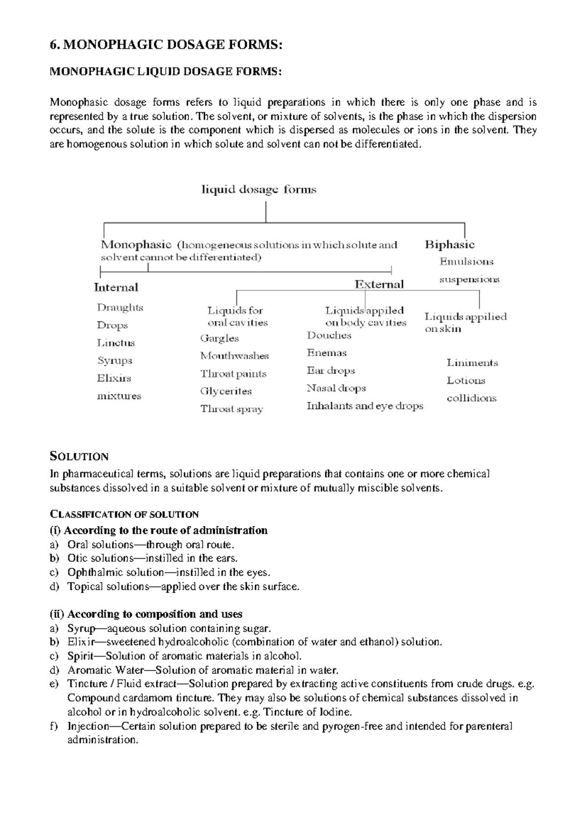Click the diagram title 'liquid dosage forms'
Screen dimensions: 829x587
(259, 190)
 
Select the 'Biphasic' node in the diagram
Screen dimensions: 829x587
(450, 245)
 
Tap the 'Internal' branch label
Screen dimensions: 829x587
(116, 287)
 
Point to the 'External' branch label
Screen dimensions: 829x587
(379, 284)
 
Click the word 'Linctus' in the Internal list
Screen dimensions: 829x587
(116, 343)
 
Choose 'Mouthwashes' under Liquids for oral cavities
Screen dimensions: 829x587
(234, 356)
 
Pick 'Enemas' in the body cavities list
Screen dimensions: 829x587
(327, 353)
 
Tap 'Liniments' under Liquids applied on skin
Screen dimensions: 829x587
(472, 363)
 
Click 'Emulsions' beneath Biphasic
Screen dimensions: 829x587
(466, 262)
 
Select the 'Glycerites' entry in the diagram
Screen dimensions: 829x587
(226, 391)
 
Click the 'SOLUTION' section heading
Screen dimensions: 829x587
(79, 457)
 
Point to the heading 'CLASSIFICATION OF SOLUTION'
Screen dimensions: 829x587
(124, 514)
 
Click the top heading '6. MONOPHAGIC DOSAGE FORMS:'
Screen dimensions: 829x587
(166, 45)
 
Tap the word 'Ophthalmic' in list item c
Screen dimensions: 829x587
(91, 572)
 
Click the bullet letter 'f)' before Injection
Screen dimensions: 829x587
(54, 726)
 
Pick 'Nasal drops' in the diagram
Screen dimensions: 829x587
(336, 388)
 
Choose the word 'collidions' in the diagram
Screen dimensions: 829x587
(471, 398)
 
